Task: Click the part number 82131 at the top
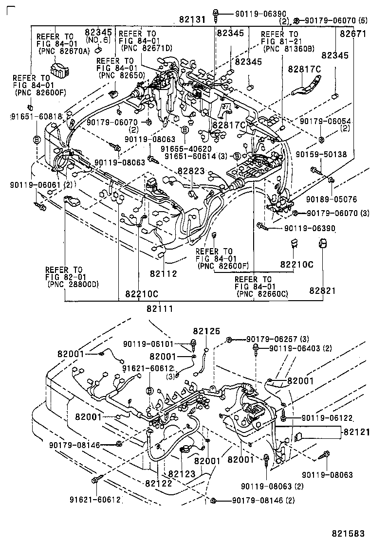193,20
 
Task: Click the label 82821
322,290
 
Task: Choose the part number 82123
182,473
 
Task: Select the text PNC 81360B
289,49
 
